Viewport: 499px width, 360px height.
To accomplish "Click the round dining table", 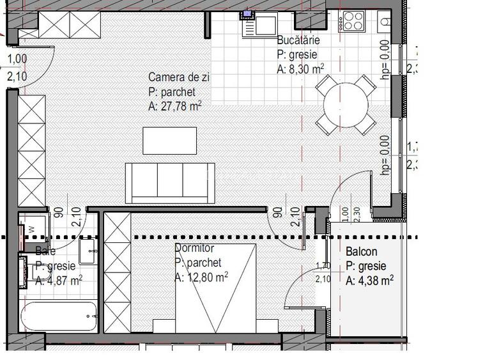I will (x=346, y=104).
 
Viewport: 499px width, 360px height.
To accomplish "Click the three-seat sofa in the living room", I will (x=170, y=182).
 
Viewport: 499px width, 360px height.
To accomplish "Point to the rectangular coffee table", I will (x=169, y=141).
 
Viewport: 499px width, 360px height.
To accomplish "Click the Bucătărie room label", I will (x=298, y=40).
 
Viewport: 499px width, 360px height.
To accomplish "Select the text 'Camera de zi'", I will (x=180, y=78).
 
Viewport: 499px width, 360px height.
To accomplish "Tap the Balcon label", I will (x=362, y=252).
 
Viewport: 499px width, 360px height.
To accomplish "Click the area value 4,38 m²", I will (x=369, y=280).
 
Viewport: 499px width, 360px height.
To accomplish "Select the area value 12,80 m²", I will (x=201, y=277).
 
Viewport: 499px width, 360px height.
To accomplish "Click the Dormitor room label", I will (x=194, y=248).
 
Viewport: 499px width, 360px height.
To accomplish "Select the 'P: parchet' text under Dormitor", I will (x=198, y=263).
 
